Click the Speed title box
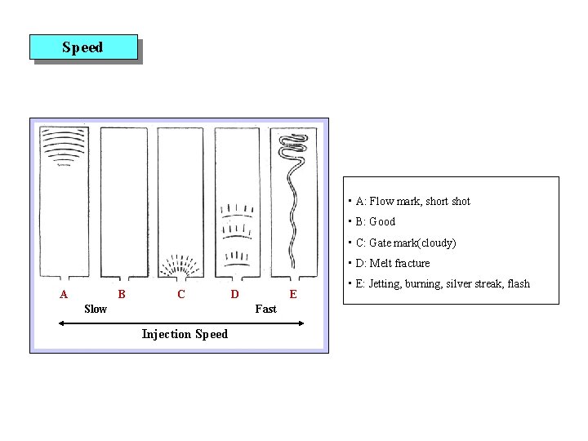pos(83,47)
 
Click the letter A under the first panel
pos(64,293)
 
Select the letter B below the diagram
pos(121,293)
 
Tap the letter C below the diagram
pos(180,293)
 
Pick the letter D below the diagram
pos(234,293)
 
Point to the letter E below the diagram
pos(293,293)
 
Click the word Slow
pos(96,309)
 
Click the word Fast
pos(265,309)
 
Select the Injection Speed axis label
pos(185,334)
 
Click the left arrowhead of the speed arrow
pos(61,323)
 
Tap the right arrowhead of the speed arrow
pos(301,323)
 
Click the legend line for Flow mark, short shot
pos(412,202)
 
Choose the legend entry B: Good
pos(375,222)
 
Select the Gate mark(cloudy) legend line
pos(405,243)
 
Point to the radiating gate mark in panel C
pos(180,266)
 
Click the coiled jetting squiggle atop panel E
pos(292,148)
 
